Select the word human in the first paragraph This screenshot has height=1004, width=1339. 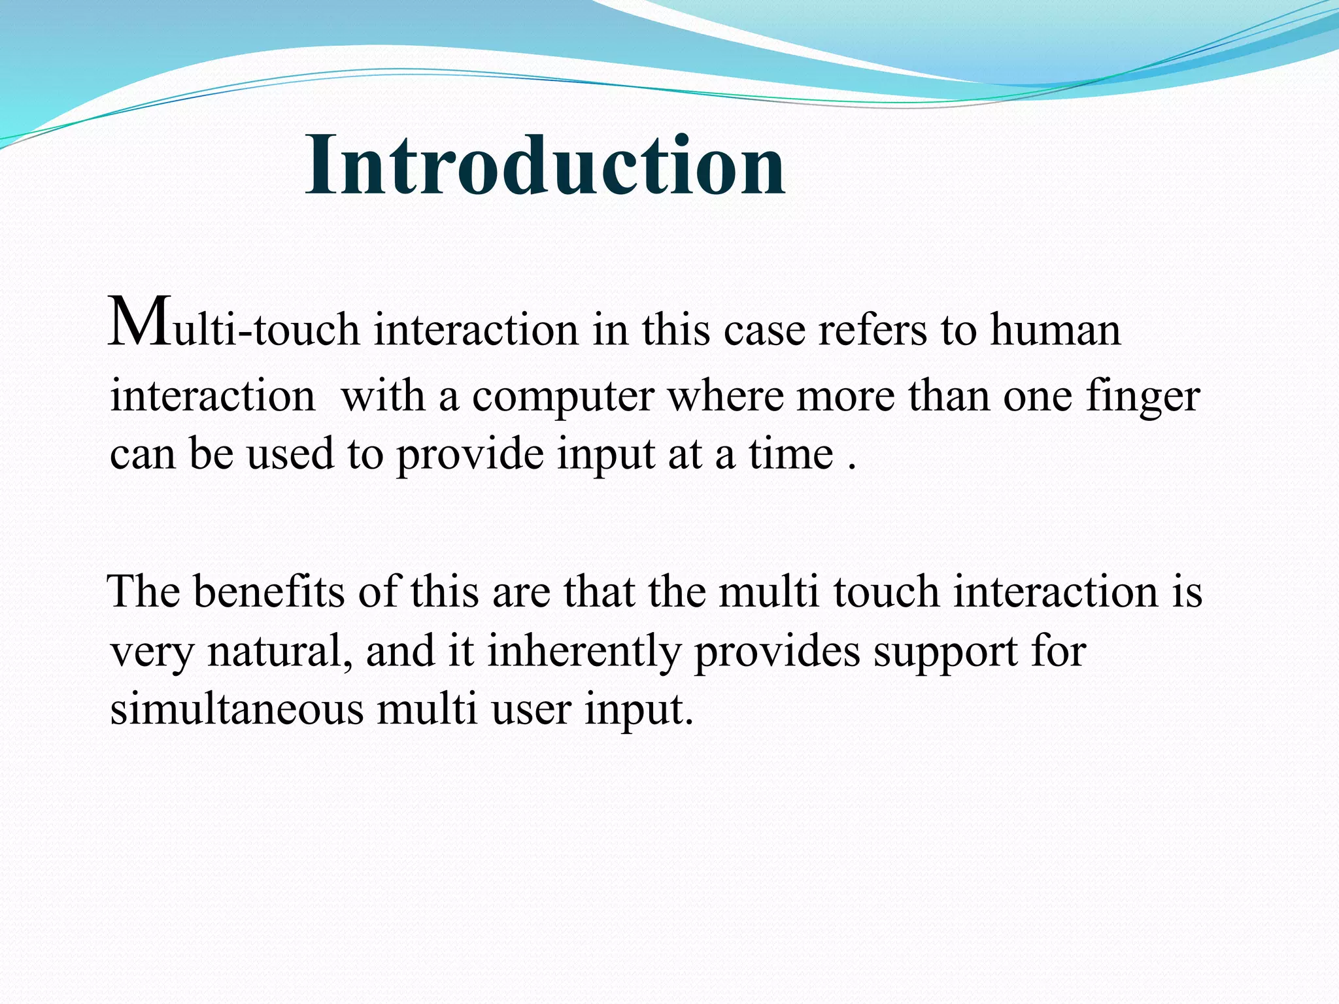1055,329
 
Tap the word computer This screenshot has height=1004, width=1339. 563,397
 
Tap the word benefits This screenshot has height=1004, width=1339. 269,592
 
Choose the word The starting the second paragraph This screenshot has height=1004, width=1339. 144,592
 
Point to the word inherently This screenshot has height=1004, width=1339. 583,651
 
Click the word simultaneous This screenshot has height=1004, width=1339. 236,709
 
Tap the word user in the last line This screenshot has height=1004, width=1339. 531,709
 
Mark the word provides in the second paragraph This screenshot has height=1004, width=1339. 776,651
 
